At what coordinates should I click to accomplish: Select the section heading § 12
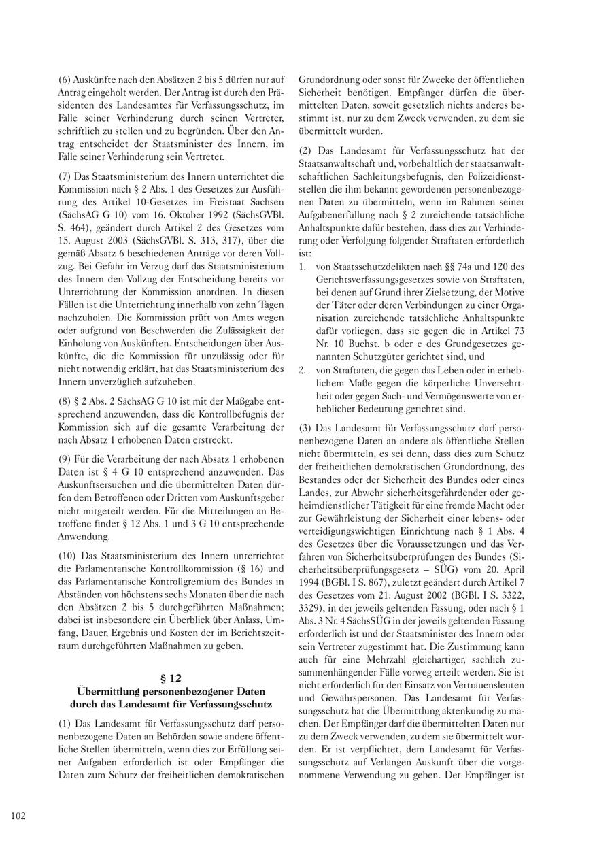[171, 678]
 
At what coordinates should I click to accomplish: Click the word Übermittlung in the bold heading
[109, 690]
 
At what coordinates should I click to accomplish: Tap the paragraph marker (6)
[65, 80]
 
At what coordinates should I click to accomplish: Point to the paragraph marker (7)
[65, 175]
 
